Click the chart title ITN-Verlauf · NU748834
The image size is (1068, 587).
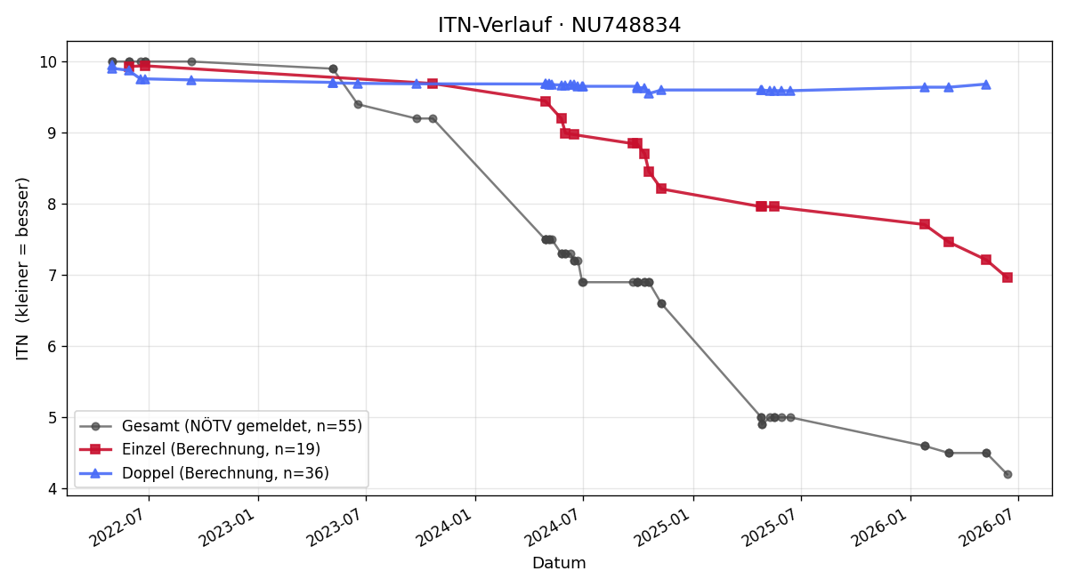pyautogui.click(x=559, y=25)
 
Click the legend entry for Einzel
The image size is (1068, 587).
pyautogui.click(x=199, y=449)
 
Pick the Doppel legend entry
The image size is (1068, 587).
pyautogui.click(x=204, y=473)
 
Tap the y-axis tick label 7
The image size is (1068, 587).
pyautogui.click(x=53, y=276)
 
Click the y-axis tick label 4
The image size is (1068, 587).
pyautogui.click(x=53, y=489)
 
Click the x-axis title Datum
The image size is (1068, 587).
pyautogui.click(x=559, y=563)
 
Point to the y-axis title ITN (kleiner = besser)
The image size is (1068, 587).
pyautogui.click(x=22, y=269)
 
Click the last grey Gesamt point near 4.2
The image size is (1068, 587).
pyautogui.click(x=1007, y=475)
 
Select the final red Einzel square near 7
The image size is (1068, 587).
pyautogui.click(x=1007, y=277)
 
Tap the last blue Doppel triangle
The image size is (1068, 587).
pyautogui.click(x=986, y=84)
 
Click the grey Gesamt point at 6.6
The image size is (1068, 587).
pyautogui.click(x=661, y=303)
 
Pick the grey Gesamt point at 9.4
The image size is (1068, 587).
pyautogui.click(x=358, y=104)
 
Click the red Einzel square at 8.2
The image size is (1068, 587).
pyautogui.click(x=661, y=189)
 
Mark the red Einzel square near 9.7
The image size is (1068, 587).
pyautogui.click(x=433, y=84)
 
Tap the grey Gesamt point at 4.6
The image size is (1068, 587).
pyautogui.click(x=925, y=446)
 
